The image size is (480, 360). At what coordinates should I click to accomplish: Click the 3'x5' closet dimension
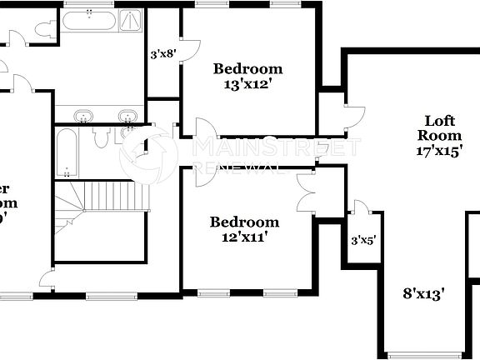362,240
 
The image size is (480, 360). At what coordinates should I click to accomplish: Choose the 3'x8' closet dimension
162,55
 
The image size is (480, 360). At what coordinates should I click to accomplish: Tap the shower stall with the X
131,21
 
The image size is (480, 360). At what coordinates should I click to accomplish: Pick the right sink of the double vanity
127,116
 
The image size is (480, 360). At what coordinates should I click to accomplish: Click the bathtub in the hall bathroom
67,152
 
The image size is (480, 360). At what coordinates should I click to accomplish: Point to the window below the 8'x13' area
425,353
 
